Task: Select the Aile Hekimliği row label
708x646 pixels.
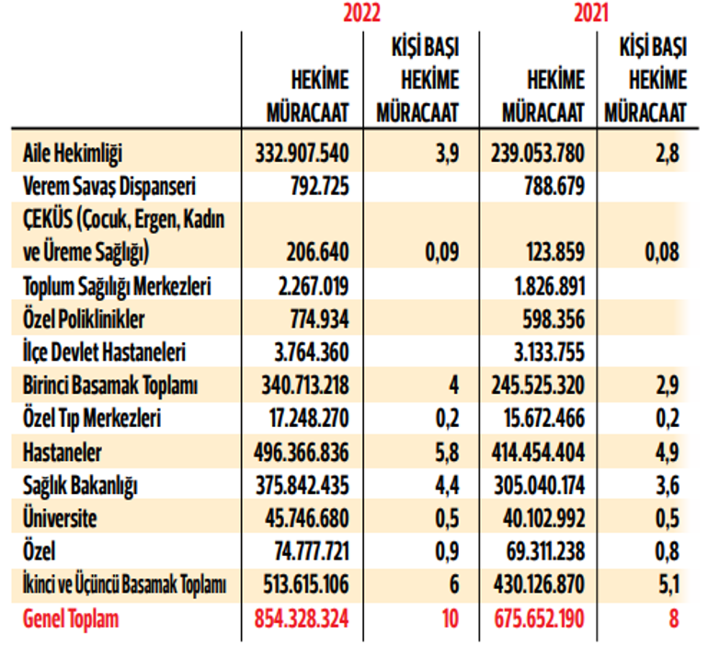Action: pos(73,153)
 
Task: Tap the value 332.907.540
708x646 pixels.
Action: pos(303,153)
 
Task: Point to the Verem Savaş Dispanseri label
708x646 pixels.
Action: pos(111,187)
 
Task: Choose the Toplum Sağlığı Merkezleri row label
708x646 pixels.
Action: pos(118,286)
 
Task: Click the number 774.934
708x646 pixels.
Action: pos(314,319)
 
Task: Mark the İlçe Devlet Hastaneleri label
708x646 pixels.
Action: pos(105,352)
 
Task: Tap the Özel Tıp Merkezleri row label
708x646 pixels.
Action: pos(92,419)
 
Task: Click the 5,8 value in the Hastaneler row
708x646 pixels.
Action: pos(447,452)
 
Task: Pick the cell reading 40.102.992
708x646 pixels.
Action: pos(543,518)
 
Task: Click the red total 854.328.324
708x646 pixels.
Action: pos(303,618)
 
